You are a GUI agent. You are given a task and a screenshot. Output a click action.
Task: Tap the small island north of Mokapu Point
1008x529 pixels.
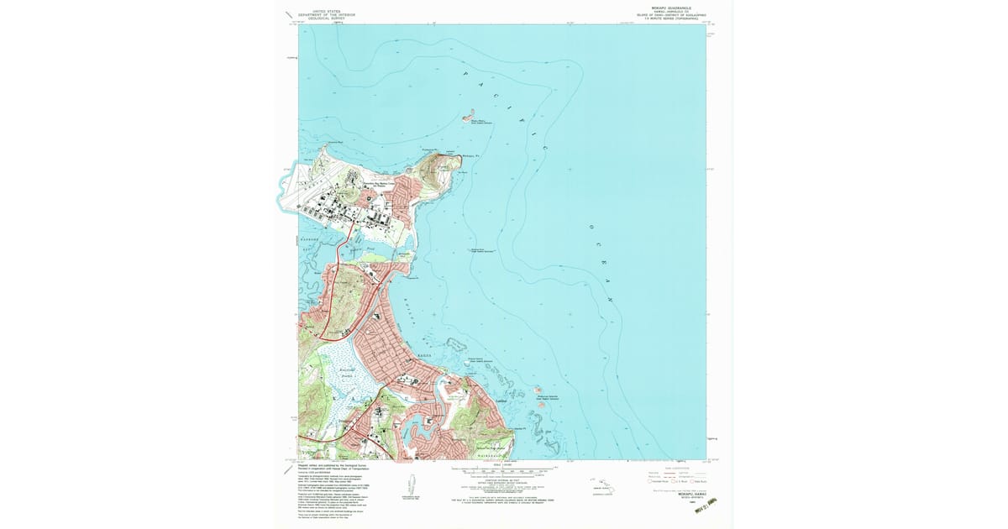[x=468, y=115]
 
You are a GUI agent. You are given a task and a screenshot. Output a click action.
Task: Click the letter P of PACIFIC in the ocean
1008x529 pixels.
[x=465, y=73]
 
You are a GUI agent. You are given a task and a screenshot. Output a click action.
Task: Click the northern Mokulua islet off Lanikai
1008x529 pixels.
[x=538, y=390]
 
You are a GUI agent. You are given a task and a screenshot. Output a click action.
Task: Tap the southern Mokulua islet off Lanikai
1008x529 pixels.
[x=541, y=405]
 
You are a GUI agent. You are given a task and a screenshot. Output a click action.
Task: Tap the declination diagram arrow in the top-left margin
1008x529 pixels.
[x=289, y=15]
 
